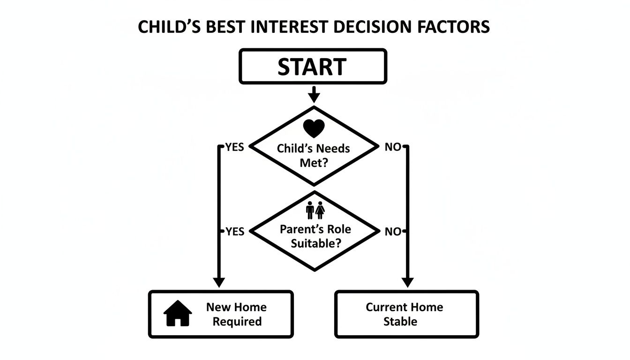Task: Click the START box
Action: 313,67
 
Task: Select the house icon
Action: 178,313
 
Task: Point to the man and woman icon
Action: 315,210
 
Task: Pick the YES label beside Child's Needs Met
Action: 234,147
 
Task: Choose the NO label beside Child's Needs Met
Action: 393,147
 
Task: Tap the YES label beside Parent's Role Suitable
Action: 234,232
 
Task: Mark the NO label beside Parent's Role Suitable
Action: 393,232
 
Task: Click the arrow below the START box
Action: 314,95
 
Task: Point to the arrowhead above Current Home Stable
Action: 407,282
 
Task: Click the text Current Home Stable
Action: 404,314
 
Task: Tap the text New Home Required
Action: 236,314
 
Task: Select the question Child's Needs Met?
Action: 314,156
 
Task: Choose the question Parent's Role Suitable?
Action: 315,237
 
